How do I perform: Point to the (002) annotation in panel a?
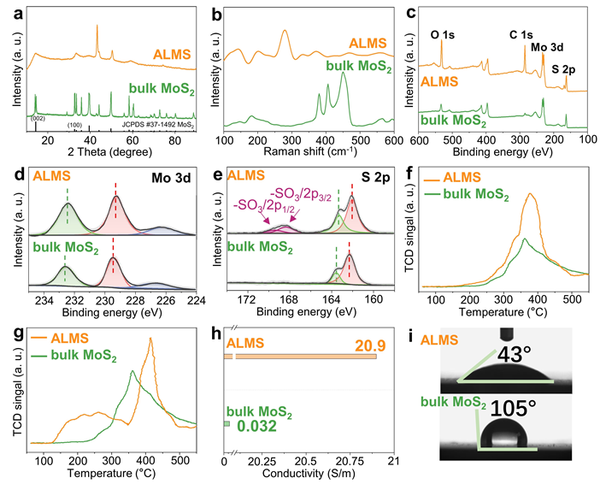point(38,118)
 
